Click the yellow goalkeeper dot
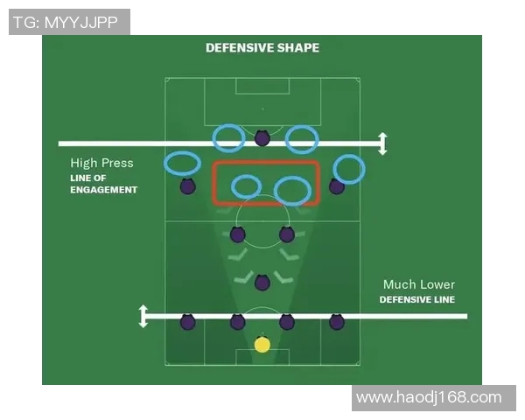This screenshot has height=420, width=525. click(x=262, y=345)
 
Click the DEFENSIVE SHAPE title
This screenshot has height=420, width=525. click(x=262, y=48)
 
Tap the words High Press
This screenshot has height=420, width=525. click(x=101, y=163)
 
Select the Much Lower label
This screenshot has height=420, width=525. click(x=419, y=284)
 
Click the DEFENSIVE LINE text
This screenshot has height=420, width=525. click(x=416, y=299)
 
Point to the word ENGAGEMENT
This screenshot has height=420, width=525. click(x=104, y=190)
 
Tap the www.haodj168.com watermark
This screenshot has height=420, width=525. click(x=429, y=397)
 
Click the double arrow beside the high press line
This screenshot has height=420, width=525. click(x=382, y=143)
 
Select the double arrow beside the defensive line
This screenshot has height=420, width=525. click(x=143, y=316)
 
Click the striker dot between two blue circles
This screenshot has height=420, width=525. click(x=262, y=137)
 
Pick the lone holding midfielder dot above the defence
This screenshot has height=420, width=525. click(x=262, y=283)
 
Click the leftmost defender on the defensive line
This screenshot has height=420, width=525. click(x=188, y=322)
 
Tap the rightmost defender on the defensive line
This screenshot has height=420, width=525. click(x=337, y=322)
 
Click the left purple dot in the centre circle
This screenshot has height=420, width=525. click(x=237, y=234)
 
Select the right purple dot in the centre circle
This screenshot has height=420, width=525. click(x=287, y=234)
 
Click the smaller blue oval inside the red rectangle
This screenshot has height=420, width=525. click(x=246, y=187)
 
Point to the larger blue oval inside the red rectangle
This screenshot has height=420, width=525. click(x=292, y=191)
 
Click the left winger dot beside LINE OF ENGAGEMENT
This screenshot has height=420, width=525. click(x=188, y=186)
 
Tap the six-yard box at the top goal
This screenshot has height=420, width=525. click(x=262, y=86)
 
